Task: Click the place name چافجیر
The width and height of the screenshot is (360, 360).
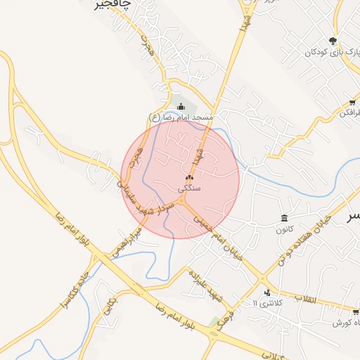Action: click(113, 6)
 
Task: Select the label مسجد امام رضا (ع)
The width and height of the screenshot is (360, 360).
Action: click(181, 116)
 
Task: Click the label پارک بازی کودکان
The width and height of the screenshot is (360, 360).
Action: click(331, 52)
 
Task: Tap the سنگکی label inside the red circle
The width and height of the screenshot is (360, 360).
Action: click(189, 188)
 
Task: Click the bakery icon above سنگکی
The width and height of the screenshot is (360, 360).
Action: click(190, 177)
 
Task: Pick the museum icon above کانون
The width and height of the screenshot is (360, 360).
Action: click(284, 218)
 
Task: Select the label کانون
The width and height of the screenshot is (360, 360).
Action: click(283, 229)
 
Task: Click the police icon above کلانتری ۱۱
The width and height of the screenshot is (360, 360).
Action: click(266, 292)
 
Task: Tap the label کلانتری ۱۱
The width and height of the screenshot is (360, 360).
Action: click(265, 303)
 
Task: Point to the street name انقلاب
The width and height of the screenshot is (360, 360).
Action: click(307, 299)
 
